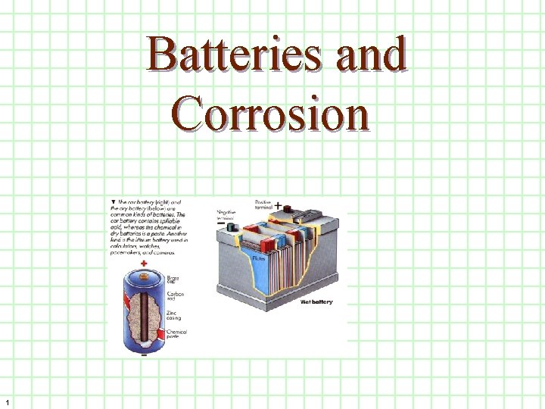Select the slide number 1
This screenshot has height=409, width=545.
(x=7, y=401)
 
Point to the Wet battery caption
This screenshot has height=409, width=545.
(x=316, y=301)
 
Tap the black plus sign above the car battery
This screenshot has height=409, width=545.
(x=278, y=205)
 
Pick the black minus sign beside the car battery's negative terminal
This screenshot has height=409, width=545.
(x=221, y=224)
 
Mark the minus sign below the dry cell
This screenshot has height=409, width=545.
(x=143, y=353)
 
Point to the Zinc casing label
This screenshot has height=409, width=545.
(x=174, y=314)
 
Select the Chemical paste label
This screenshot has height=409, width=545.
(x=176, y=334)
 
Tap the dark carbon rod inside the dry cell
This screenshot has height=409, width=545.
(x=143, y=311)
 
